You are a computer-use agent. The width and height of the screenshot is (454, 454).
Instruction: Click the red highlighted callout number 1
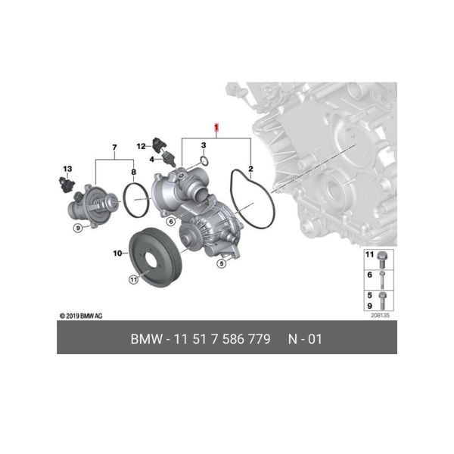click(x=216, y=127)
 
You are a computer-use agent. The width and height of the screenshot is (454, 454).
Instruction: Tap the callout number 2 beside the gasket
click(x=250, y=169)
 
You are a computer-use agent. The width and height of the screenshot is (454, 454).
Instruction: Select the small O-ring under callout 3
click(x=205, y=161)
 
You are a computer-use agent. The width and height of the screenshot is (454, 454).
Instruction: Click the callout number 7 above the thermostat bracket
click(x=114, y=148)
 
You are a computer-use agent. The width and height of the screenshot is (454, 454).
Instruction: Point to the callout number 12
click(x=141, y=146)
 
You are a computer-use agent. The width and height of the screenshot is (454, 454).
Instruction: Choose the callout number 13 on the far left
click(x=67, y=169)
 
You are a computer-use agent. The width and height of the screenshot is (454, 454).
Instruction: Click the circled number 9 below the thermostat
click(x=78, y=228)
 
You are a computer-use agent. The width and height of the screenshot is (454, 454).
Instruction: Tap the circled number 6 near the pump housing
click(x=171, y=222)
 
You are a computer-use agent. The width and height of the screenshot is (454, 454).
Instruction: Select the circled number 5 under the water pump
click(x=222, y=263)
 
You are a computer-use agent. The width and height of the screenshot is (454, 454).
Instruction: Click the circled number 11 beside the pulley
click(x=133, y=280)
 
